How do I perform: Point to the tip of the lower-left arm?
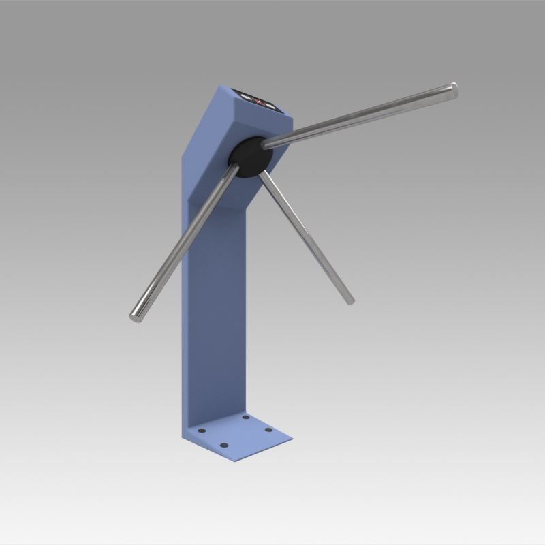tap(134, 315)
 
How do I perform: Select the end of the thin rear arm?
tap(349, 300)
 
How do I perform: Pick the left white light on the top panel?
tap(246, 97)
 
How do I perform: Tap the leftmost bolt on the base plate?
tap(201, 431)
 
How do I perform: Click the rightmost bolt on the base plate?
tap(268, 429)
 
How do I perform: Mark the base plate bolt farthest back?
tap(245, 416)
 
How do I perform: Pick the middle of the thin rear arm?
tap(307, 238)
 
